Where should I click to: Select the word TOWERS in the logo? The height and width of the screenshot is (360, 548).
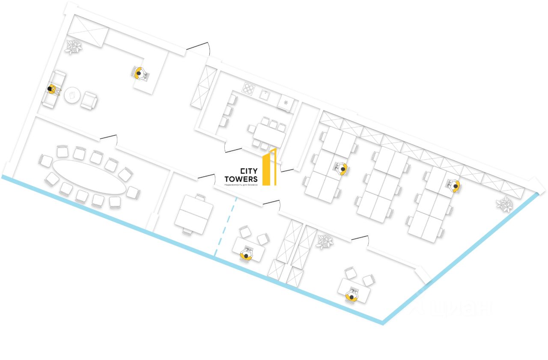pos(241,179)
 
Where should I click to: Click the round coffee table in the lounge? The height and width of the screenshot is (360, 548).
pos(72,95)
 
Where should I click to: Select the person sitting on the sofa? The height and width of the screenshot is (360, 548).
pos(52,89)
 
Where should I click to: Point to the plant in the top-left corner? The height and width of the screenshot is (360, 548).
pos(73,47)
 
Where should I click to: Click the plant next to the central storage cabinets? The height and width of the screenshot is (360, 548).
pos(325,242)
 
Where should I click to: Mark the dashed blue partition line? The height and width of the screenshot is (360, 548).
pos(226,227)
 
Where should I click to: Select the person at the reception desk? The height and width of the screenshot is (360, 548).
pos(139,73)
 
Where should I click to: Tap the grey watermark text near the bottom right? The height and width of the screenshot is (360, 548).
pos(452,308)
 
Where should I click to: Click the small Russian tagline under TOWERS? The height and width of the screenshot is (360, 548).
pos(241,184)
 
